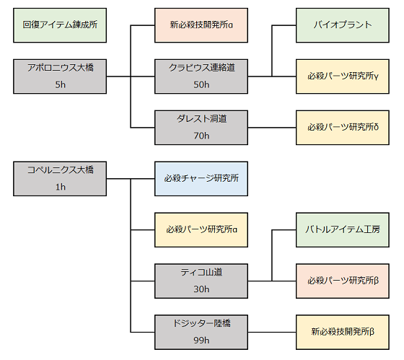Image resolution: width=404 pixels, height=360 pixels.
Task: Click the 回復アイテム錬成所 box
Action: [x=60, y=25]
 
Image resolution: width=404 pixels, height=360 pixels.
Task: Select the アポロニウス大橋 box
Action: [x=60, y=76]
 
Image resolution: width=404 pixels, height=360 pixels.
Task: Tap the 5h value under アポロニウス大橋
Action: [x=61, y=84]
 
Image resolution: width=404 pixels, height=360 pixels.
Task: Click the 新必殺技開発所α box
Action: [x=201, y=25]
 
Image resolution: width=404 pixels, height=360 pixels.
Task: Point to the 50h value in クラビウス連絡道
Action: [x=201, y=84]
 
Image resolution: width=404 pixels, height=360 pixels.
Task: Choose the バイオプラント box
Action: [x=343, y=25]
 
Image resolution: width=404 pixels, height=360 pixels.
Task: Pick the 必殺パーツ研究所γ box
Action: [x=343, y=76]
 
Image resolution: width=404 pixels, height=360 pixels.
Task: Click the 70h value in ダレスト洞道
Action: [x=201, y=136]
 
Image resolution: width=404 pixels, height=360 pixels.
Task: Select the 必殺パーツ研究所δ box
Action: [x=343, y=128]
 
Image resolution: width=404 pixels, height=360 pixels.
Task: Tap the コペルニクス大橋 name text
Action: [x=61, y=170]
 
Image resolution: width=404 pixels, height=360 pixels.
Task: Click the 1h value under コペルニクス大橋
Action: [x=61, y=187]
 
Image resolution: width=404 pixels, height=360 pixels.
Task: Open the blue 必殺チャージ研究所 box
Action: [x=201, y=179]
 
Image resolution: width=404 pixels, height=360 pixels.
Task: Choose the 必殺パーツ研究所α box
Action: [x=201, y=230]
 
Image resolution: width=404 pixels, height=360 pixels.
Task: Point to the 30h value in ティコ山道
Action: [x=201, y=289]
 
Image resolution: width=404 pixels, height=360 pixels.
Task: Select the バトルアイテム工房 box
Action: [x=343, y=230]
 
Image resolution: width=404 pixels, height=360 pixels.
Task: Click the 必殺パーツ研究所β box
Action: [x=343, y=281]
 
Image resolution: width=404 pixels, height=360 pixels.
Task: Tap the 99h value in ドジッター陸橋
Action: [x=201, y=340]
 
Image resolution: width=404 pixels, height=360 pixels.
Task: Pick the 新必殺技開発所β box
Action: [x=343, y=332]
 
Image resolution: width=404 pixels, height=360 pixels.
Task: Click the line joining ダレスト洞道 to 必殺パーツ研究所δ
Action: [x=272, y=128]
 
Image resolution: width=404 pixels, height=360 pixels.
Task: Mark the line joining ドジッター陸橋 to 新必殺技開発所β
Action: [x=272, y=332]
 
